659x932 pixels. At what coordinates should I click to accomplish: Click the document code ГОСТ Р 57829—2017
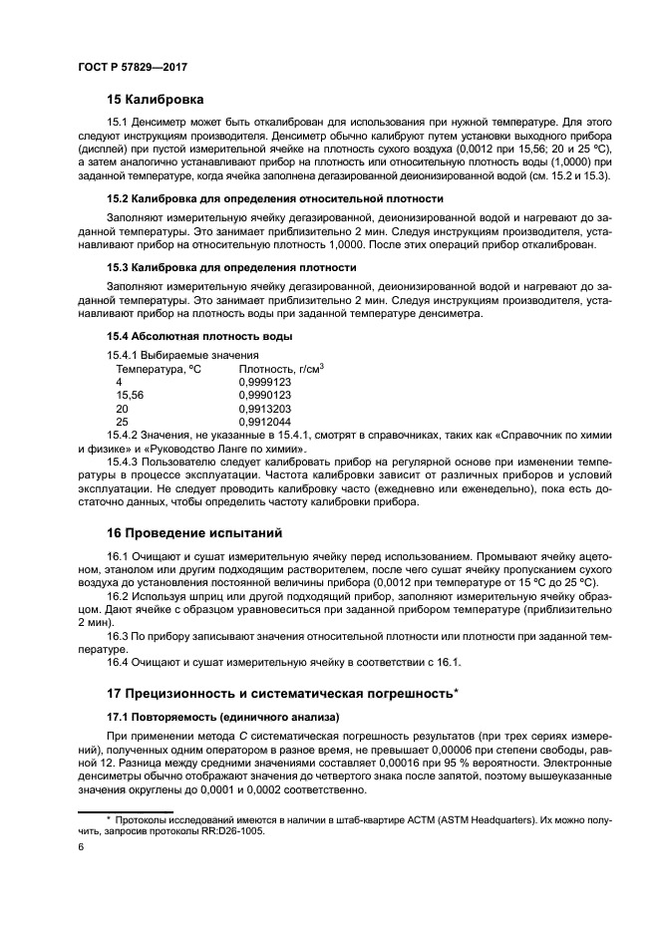[x=133, y=65]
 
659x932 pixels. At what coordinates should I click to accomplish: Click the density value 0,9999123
[x=265, y=382]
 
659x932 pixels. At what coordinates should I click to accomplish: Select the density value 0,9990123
[x=265, y=395]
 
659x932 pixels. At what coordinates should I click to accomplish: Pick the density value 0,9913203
[x=265, y=409]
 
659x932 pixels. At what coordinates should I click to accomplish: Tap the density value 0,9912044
[x=265, y=422]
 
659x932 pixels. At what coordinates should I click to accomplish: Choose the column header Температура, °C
[x=159, y=369]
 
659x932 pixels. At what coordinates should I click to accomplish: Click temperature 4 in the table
[x=120, y=382]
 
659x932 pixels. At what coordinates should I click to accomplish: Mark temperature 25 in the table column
[x=123, y=422]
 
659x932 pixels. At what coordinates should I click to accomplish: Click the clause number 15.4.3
[x=124, y=462]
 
